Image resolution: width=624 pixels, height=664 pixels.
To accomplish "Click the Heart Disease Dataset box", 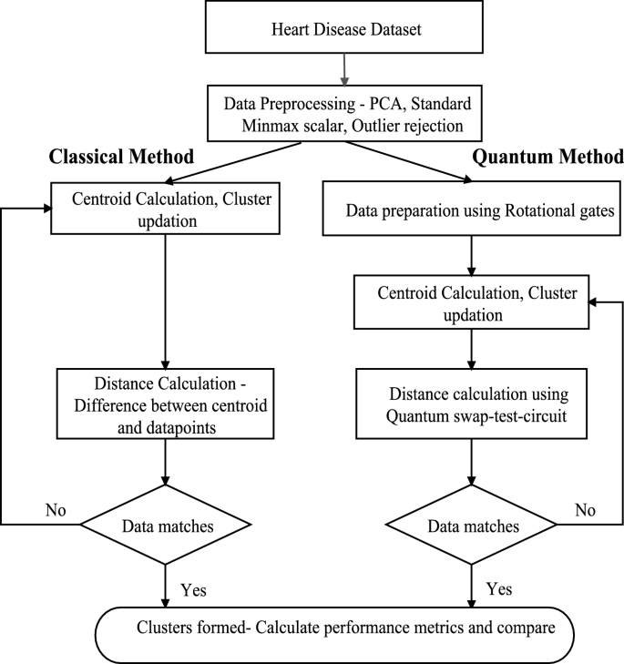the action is [x=344, y=26].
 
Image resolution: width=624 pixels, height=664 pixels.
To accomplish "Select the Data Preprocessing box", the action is [x=344, y=113].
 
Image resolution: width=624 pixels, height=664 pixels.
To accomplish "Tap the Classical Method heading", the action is [x=121, y=157].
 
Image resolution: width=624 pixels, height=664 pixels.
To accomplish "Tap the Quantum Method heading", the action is [x=547, y=157].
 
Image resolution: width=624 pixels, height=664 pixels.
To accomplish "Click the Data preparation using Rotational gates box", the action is [x=472, y=209].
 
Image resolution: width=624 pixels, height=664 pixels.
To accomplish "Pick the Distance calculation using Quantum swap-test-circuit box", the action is [x=472, y=404].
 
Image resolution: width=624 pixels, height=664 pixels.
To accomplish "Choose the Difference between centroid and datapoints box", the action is [x=165, y=404].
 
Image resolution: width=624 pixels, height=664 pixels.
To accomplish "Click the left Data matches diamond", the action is [x=166, y=525].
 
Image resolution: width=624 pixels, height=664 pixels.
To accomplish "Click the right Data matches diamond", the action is [x=472, y=525].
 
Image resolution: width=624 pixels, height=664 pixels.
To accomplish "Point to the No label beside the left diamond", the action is [x=56, y=510].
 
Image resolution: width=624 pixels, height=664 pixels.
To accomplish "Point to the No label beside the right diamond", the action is [x=585, y=510].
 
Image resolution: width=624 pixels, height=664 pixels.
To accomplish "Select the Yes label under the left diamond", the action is [x=194, y=590].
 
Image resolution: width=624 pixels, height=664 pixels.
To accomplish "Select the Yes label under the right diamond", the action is [x=499, y=589].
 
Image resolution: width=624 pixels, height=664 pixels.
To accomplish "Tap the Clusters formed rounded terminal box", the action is [x=334, y=635].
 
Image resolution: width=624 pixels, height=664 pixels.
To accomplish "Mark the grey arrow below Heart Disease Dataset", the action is [x=344, y=70].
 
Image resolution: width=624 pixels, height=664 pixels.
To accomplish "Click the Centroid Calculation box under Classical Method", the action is [x=165, y=209].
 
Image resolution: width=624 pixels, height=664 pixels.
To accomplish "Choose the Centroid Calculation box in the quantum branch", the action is [x=472, y=301].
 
